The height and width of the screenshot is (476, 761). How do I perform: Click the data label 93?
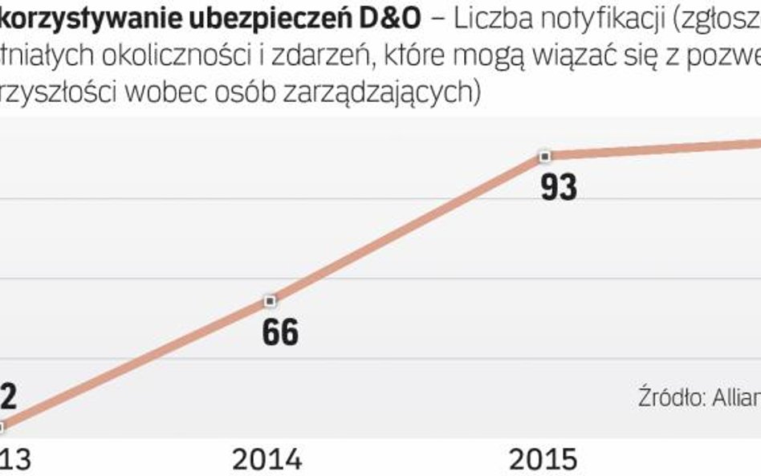click(x=559, y=187)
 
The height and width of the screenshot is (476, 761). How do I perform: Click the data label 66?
click(x=280, y=332)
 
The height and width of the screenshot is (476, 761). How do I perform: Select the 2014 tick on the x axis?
click(x=267, y=459)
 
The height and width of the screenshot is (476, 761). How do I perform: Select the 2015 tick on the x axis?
click(x=543, y=459)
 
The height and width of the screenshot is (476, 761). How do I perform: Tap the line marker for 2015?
click(x=546, y=156)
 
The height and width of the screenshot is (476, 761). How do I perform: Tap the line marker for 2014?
click(x=271, y=300)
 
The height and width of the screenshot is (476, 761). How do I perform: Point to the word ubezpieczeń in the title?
click(x=262, y=21)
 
